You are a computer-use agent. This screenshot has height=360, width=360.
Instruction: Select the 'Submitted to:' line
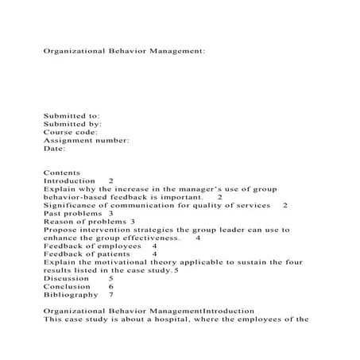(x=72, y=115)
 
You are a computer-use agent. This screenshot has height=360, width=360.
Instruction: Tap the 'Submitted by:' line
(x=72, y=124)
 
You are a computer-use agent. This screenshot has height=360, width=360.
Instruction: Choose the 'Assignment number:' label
(x=86, y=140)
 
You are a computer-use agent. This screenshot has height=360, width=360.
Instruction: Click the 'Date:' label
(x=54, y=148)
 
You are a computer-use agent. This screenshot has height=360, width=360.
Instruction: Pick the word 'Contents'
(x=62, y=172)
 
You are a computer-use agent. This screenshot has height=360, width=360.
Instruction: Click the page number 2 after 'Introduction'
(x=110, y=181)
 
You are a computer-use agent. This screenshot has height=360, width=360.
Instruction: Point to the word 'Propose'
(x=61, y=230)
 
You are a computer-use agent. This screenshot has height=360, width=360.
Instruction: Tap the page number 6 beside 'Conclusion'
(x=110, y=286)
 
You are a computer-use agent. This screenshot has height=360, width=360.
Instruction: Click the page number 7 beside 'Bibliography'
(x=110, y=294)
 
